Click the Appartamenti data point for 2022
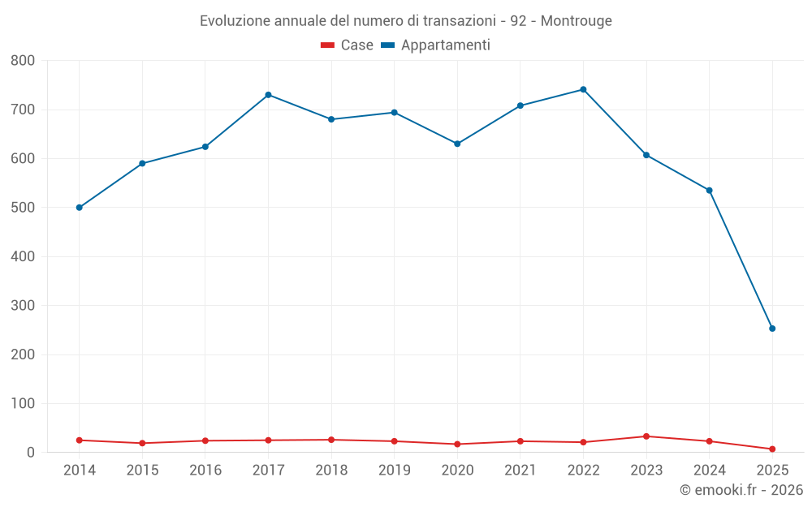point(583,89)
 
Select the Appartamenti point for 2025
point(772,329)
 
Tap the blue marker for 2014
point(79,208)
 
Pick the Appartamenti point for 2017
point(268,95)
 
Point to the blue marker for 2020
point(457,144)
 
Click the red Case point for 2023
point(646,436)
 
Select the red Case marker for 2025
point(772,449)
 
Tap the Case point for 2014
point(79,440)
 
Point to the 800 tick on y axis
point(23,60)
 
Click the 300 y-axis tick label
point(23,306)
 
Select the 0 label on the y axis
point(31,453)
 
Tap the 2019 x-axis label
point(394,470)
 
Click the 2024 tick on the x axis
point(709,470)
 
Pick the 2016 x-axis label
point(205,470)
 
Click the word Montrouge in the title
point(576,21)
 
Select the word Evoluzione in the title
point(232,21)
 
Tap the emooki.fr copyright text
point(741,490)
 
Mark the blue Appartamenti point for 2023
point(646,155)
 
